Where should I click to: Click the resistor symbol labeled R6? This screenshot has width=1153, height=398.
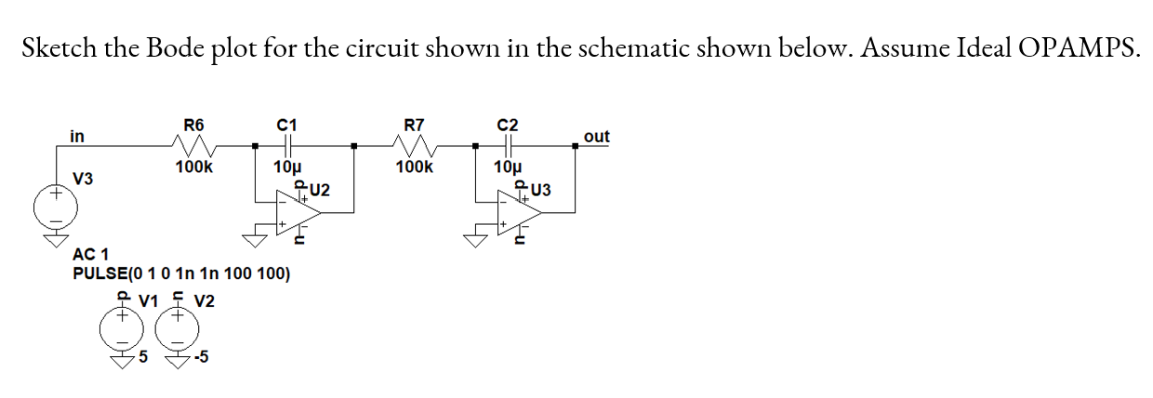coord(194,145)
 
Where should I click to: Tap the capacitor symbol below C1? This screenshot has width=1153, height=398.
coord(286,145)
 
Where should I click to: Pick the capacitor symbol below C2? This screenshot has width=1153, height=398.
coord(509,145)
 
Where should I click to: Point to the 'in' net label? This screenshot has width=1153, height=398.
coord(77,137)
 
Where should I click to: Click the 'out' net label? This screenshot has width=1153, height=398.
coord(596,137)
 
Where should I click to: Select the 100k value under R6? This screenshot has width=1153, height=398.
coord(193,167)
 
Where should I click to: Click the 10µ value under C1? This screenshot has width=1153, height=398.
coord(286,167)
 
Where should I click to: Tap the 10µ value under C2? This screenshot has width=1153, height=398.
coord(509,167)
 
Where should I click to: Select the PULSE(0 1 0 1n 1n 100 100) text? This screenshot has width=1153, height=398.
coord(181,274)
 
